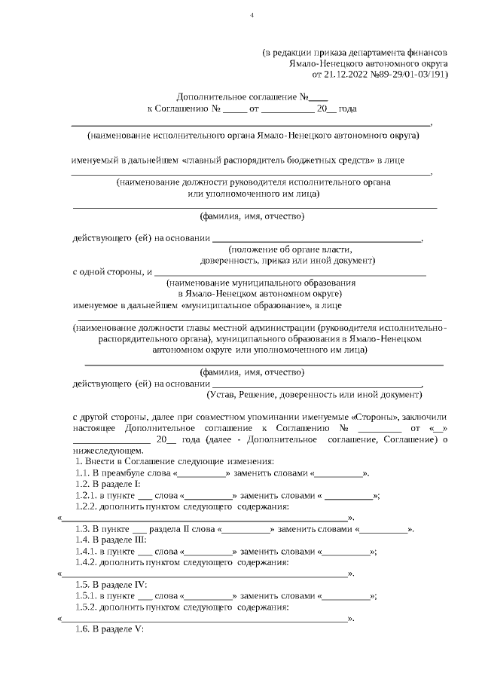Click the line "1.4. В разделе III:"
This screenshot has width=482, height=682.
pyautogui.click(x=111, y=541)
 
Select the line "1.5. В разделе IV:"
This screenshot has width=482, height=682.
pyautogui.click(x=111, y=584)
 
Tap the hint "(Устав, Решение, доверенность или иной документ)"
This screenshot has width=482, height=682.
pyautogui.click(x=314, y=394)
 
